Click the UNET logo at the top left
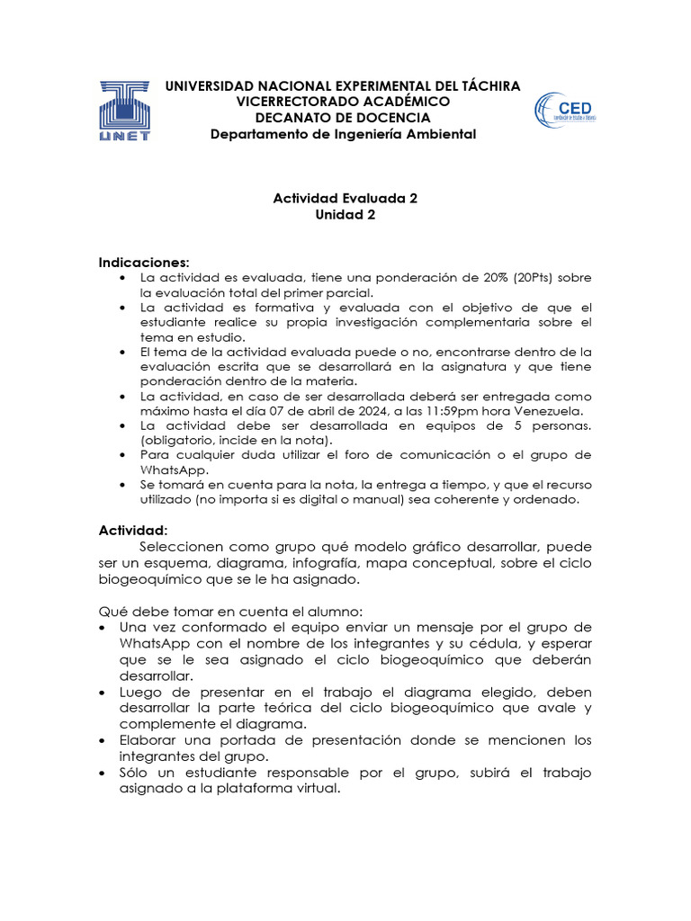pos(125,111)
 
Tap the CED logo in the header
pos(564,112)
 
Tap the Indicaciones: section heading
pos(144,263)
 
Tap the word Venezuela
pos(545,411)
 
